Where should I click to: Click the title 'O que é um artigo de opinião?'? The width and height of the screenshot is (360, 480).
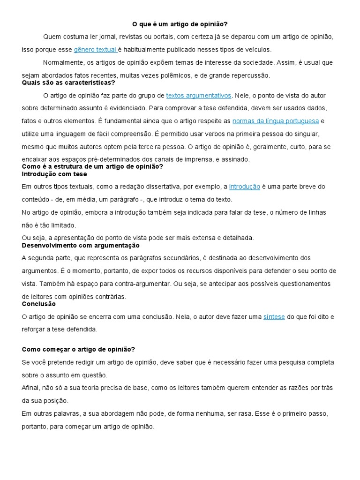[180, 24]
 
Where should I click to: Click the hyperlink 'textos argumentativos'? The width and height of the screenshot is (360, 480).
[198, 96]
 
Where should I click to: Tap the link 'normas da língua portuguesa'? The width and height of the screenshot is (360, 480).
[275, 121]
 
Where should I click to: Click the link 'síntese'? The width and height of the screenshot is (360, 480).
[274, 317]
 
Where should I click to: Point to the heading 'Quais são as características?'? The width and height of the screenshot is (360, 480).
[68, 82]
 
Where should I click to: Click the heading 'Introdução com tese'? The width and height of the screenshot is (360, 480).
[54, 174]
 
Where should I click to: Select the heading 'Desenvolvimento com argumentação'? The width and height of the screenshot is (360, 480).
[81, 245]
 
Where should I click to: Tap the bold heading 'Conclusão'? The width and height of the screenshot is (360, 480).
[39, 304]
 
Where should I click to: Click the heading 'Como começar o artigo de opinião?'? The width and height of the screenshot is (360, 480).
[79, 349]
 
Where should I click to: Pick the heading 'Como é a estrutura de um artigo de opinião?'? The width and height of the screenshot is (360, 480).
[92, 166]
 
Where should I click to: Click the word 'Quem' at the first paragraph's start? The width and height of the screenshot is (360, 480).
[51, 37]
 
